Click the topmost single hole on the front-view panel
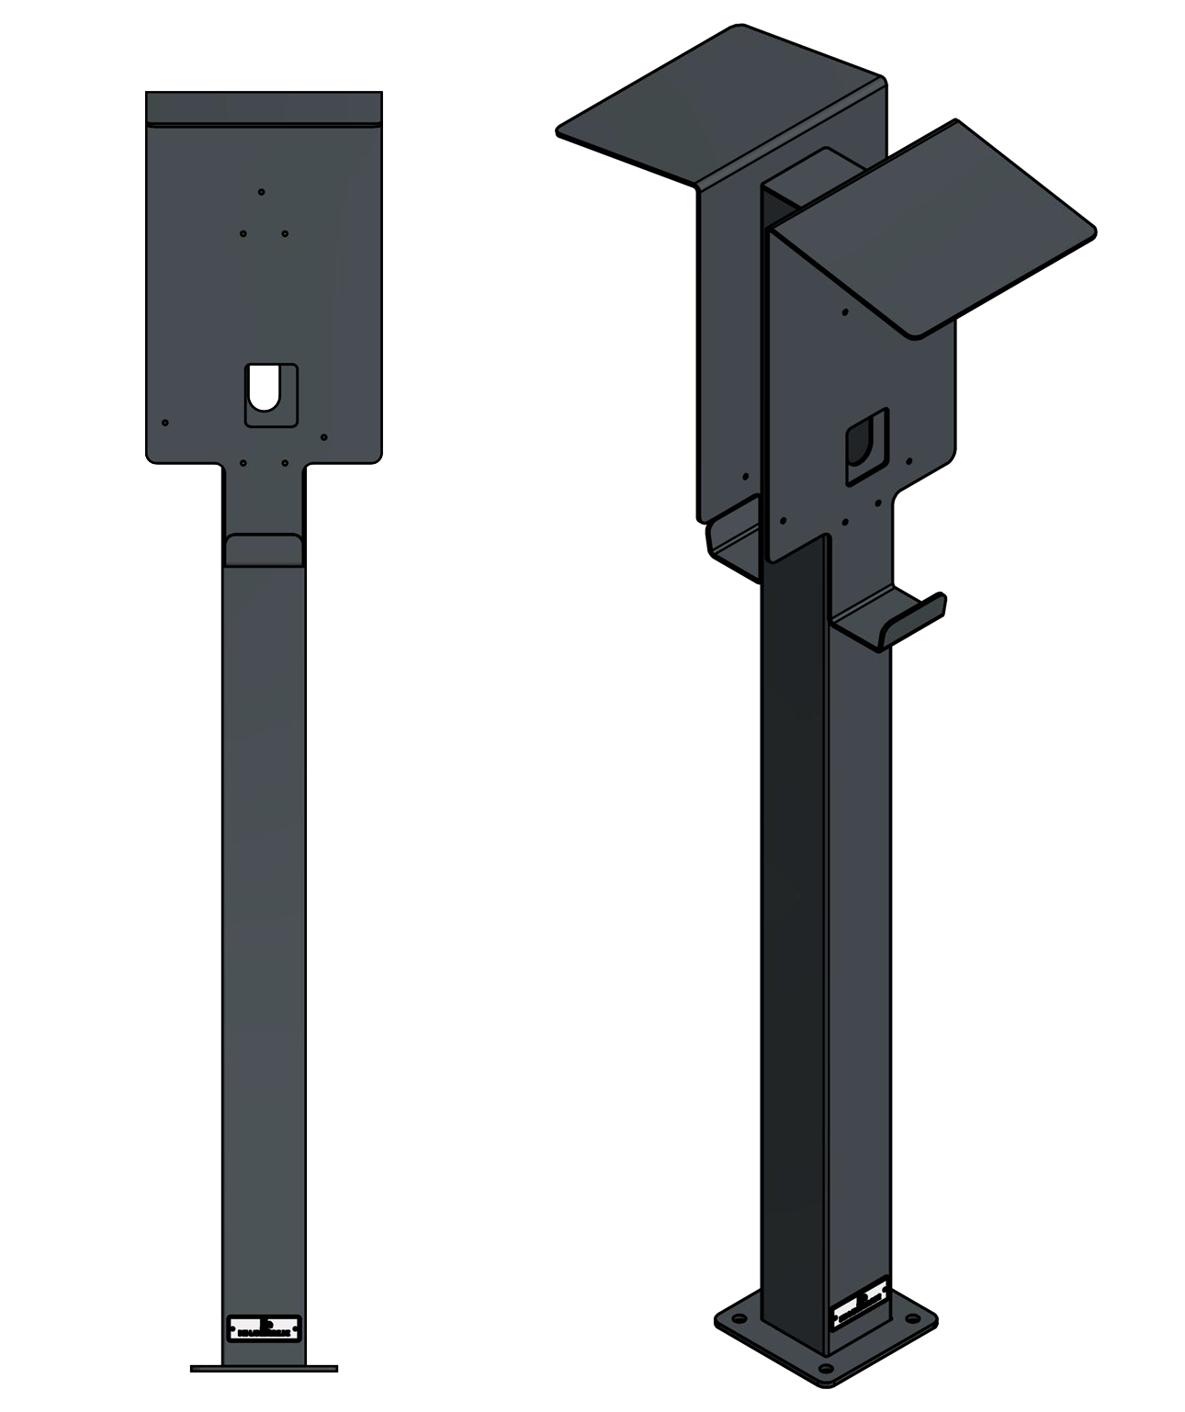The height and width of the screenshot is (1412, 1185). [262, 192]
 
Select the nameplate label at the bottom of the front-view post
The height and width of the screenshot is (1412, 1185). [264, 1328]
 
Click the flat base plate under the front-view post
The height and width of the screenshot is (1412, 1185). [264, 1368]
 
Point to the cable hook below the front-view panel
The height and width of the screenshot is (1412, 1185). [264, 549]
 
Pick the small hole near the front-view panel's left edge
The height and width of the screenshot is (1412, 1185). [165, 423]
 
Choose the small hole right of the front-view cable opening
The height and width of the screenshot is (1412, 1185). [324, 437]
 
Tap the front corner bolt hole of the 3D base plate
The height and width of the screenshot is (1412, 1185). [825, 1369]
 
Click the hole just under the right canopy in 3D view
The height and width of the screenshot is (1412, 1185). [845, 312]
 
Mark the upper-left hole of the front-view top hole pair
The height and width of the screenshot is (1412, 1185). [243, 233]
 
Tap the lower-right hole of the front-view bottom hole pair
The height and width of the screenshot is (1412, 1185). [285, 463]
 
